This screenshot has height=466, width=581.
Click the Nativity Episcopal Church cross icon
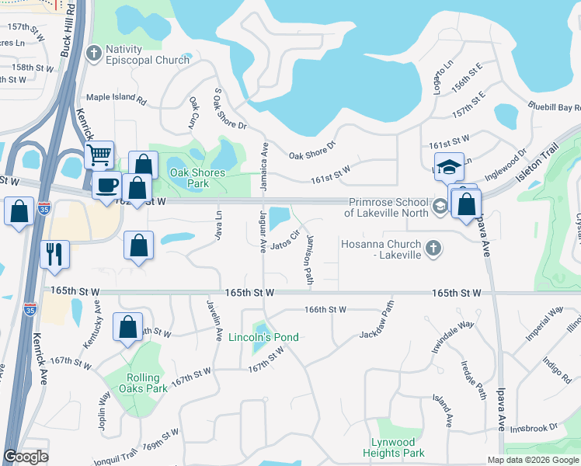point(94,54)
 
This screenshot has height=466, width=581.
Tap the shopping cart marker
point(99,155)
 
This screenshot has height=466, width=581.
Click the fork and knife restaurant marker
point(54,253)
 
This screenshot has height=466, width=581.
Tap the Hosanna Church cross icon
point(434,249)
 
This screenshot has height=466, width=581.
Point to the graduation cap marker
point(448,166)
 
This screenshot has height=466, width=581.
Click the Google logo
point(26,457)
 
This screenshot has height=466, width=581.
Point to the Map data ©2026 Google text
point(532,460)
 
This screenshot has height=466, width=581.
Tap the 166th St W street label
point(325,309)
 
